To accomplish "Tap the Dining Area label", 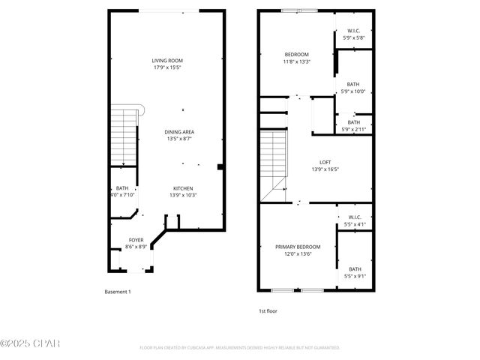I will click(179, 135).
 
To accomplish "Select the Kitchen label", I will click(184, 192).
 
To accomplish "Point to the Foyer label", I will click(136, 243).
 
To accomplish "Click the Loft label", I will click(325, 166).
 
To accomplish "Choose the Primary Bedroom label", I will click(298, 250).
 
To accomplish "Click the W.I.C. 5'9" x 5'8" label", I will click(353, 34).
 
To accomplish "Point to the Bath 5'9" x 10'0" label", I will click(353, 88).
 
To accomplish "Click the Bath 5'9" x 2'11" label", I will click(353, 126).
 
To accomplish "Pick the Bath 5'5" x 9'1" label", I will click(354, 272).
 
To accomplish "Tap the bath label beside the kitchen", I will click(121, 192).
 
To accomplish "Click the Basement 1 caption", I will click(118, 292).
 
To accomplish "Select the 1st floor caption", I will click(267, 310).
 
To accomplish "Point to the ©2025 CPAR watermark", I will click(29, 344).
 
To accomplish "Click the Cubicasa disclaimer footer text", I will click(240, 348).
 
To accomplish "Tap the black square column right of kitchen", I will click(219, 167).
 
